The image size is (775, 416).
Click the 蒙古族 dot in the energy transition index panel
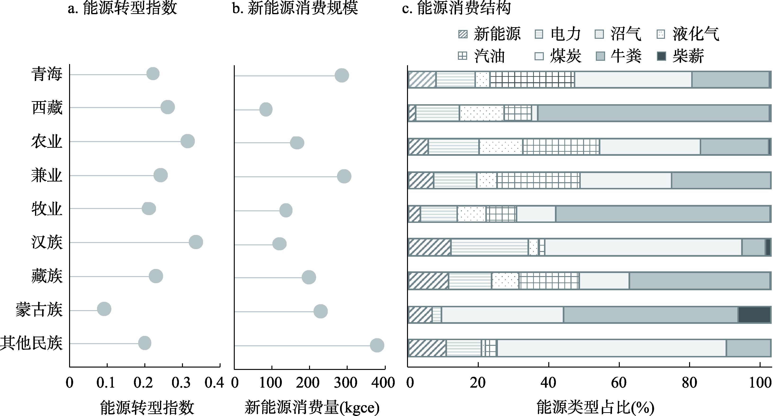tap(104, 309)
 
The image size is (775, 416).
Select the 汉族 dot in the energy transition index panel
tap(196, 242)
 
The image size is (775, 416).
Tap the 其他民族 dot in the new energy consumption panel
tap(377, 345)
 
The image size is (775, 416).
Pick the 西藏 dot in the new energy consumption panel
tap(266, 109)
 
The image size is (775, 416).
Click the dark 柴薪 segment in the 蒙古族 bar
tap(754, 315)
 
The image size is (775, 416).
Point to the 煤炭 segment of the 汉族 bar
tap(643, 247)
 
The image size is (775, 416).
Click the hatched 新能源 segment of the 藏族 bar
tap(428, 281)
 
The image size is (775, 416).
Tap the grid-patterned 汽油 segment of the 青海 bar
tap(532, 80)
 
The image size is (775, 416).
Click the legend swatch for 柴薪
tap(661, 56)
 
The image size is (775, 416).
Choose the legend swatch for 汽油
tap(462, 56)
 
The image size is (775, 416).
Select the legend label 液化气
tap(696, 34)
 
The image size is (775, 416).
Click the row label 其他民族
tap(31, 343)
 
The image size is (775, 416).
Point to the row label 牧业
tap(47, 209)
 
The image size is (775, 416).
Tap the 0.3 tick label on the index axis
tap(181, 383)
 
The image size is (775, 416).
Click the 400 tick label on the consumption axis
tap(383, 383)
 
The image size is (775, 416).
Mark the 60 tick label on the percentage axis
tap(619, 383)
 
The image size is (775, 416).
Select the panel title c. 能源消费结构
tap(456, 8)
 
